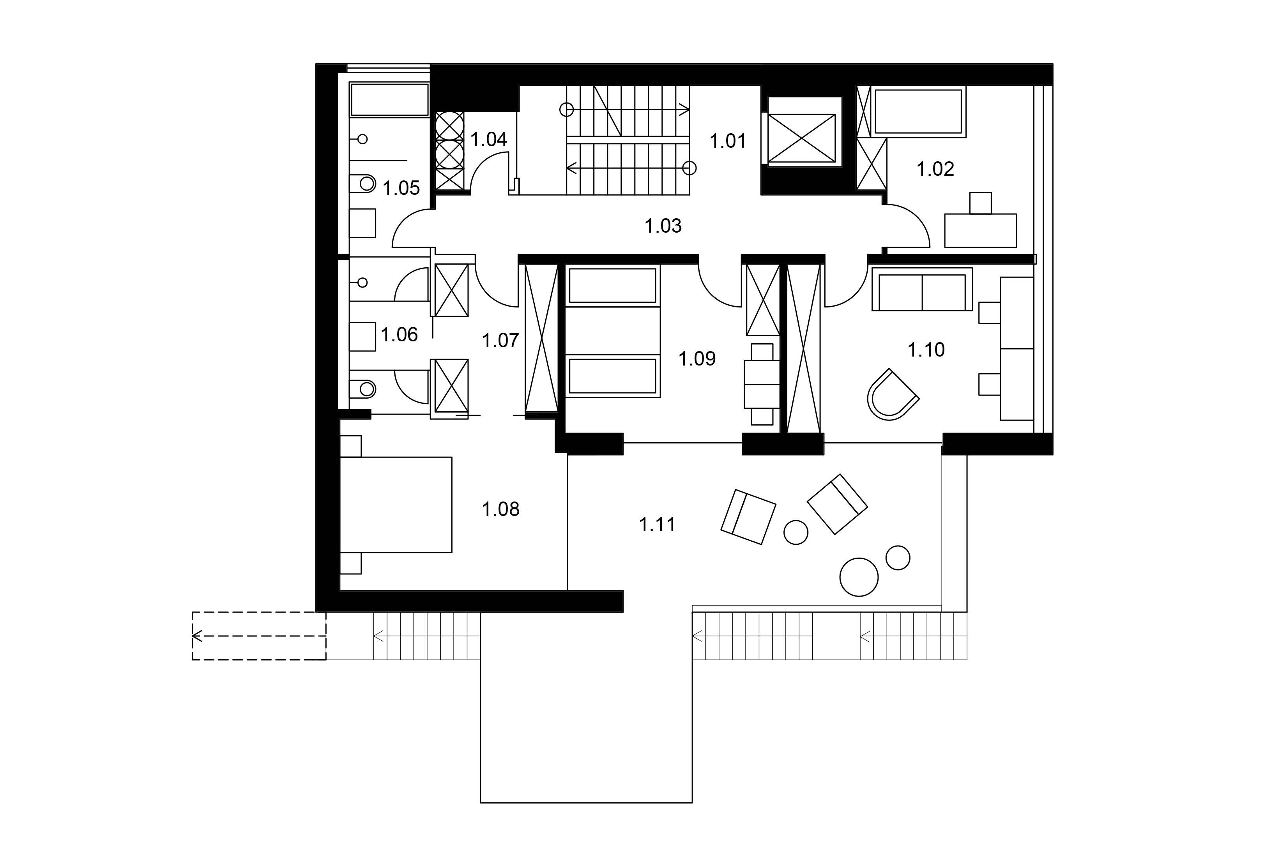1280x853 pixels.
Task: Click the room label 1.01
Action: pyautogui.click(x=727, y=141)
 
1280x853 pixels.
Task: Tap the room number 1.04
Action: pyautogui.click(x=488, y=139)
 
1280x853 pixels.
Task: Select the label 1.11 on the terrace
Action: pyautogui.click(x=657, y=525)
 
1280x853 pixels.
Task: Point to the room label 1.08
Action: pyautogui.click(x=500, y=509)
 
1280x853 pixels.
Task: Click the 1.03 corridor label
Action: pyautogui.click(x=663, y=226)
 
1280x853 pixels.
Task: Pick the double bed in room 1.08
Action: pyautogui.click(x=396, y=505)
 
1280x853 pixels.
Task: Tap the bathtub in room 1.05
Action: pyautogui.click(x=389, y=99)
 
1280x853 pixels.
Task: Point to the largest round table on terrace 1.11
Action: pyautogui.click(x=859, y=577)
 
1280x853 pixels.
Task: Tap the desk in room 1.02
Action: pyautogui.click(x=980, y=231)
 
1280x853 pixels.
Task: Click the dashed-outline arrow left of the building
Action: pyautogui.click(x=258, y=636)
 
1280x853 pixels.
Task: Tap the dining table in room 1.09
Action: pyautogui.click(x=762, y=384)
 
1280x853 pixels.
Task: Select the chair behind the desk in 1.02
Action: pyautogui.click(x=980, y=203)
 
